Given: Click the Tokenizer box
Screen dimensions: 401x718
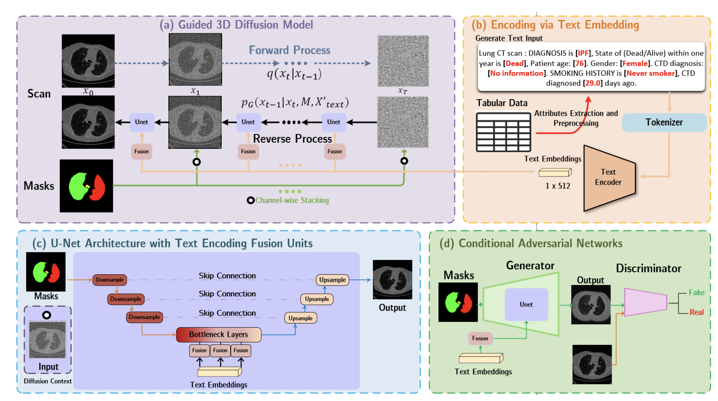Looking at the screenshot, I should [664, 122].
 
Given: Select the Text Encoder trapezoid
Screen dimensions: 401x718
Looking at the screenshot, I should [608, 178].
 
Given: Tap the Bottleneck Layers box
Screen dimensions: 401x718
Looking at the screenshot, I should [218, 335].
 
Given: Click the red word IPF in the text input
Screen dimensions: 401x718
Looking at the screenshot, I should [584, 53].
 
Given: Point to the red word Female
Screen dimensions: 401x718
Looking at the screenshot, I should [635, 64].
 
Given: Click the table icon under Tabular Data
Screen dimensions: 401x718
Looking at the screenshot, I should [504, 132].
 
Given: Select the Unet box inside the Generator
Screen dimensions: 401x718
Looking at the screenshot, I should [526, 304].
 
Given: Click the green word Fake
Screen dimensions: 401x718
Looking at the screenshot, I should [696, 293].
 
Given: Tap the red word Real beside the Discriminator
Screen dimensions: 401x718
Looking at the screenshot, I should [696, 312].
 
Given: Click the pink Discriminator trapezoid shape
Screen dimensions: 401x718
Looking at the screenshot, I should [645, 302].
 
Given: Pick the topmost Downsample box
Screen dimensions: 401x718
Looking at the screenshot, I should [110, 280].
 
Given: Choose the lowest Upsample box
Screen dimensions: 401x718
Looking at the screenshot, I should [300, 318].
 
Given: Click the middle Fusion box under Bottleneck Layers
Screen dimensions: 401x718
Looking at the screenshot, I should [220, 350].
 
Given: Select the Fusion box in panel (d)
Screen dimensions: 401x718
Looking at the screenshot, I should [480, 338].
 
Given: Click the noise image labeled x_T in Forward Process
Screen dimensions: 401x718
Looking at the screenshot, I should [403, 61].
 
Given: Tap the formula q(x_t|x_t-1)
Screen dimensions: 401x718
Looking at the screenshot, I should [294, 74].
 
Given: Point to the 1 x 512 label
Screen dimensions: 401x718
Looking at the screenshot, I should [558, 186].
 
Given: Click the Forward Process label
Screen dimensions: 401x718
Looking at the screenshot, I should [289, 50].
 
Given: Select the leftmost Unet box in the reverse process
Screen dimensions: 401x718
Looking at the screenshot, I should [141, 122].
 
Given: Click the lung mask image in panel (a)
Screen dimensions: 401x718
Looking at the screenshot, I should [86, 186].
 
